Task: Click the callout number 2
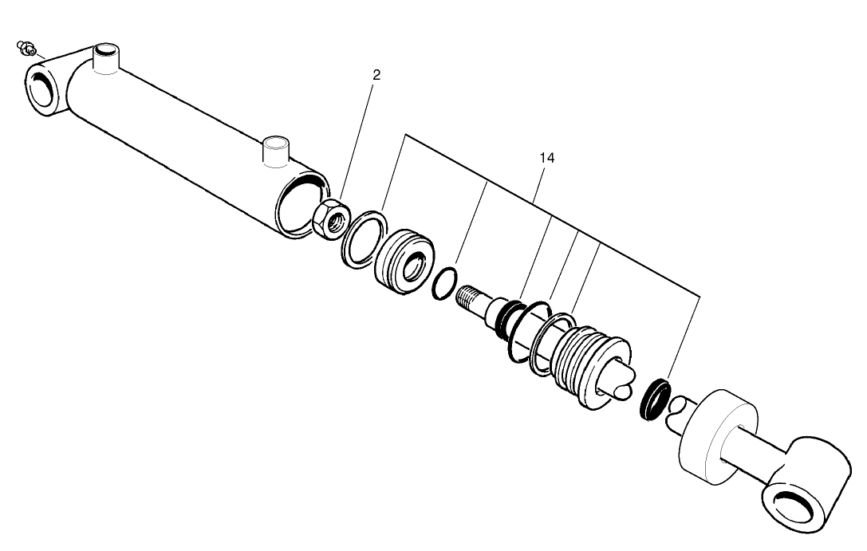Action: tap(376, 75)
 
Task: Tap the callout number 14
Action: tap(546, 158)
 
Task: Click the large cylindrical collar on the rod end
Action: tap(717, 434)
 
